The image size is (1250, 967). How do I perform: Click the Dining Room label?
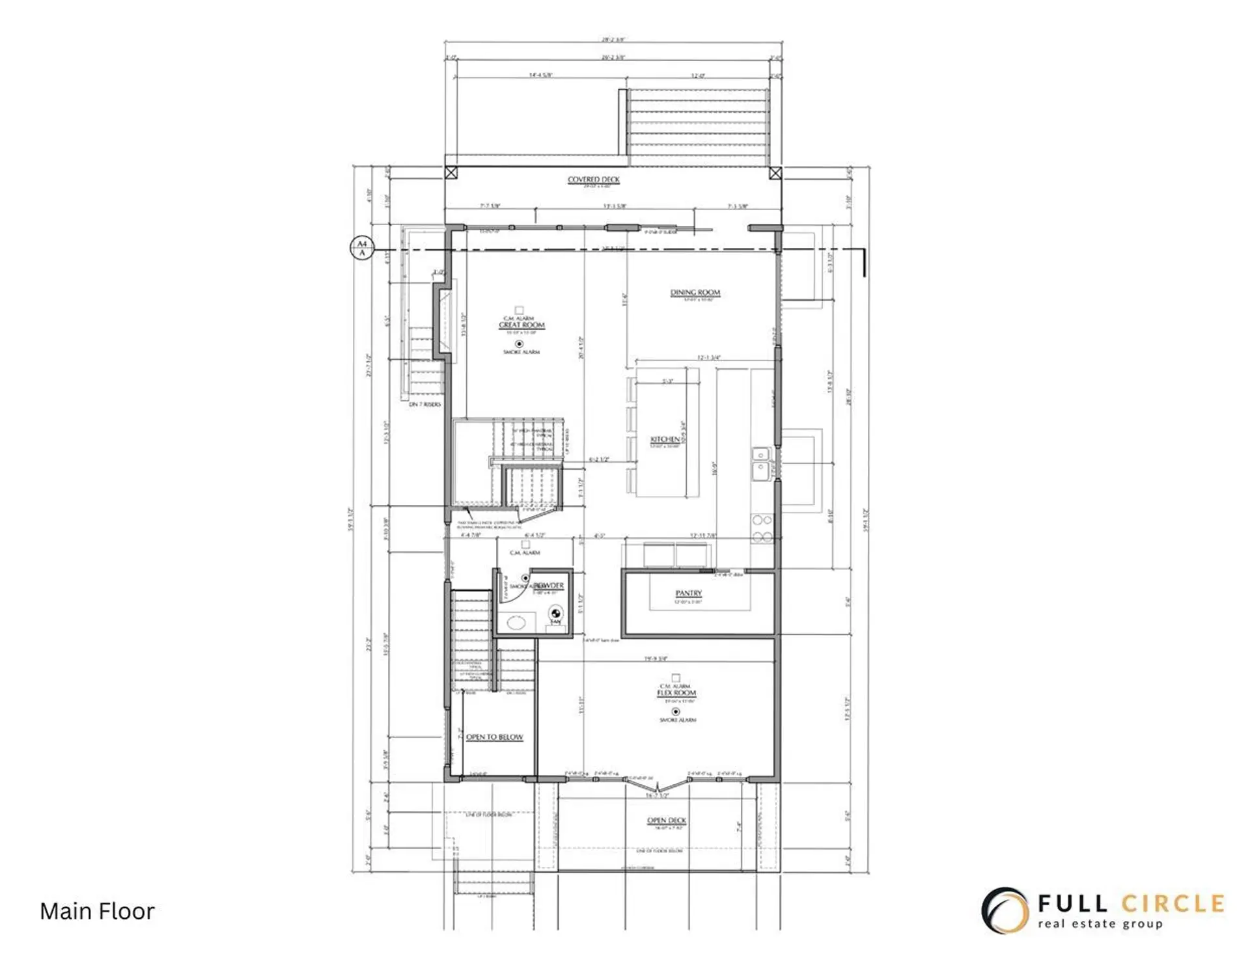(x=695, y=293)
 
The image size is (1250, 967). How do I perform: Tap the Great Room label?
(x=521, y=325)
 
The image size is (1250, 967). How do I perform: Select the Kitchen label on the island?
(x=665, y=440)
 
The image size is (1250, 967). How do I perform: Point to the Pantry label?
(x=688, y=593)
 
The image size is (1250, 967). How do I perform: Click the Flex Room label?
(x=676, y=694)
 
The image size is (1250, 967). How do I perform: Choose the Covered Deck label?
(x=593, y=180)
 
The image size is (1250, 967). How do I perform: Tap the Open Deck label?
(x=666, y=821)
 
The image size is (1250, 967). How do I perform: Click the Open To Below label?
(x=494, y=737)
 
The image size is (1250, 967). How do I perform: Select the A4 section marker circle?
(x=362, y=248)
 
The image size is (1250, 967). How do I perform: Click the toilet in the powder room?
(x=555, y=614)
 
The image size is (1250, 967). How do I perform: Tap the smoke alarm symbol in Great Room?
(x=519, y=344)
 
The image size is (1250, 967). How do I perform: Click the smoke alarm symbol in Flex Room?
(x=675, y=712)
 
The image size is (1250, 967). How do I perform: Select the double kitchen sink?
(x=760, y=462)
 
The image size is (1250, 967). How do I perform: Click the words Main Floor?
(x=97, y=911)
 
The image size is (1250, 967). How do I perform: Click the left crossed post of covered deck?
(x=451, y=173)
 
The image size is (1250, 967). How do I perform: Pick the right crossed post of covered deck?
(x=775, y=173)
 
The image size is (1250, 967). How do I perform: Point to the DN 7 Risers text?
(x=424, y=405)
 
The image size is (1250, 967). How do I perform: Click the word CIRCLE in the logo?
(x=1173, y=904)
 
